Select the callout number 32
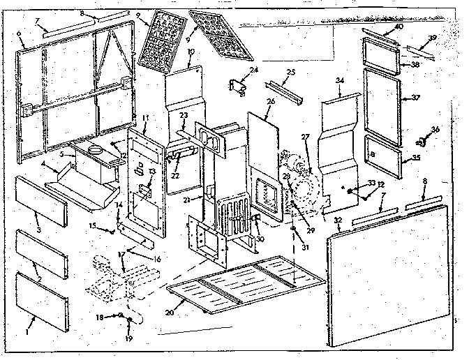pyautogui.click(x=338, y=221)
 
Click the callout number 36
pyautogui.click(x=435, y=129)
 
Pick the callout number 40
pyautogui.click(x=399, y=27)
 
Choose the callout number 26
pyautogui.click(x=271, y=102)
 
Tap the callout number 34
pyautogui.click(x=340, y=82)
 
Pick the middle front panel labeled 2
pyautogui.click(x=43, y=253)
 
